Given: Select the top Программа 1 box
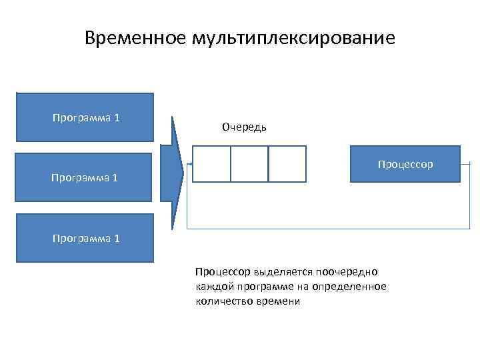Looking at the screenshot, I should [85, 117].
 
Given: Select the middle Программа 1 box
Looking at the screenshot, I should [85, 178].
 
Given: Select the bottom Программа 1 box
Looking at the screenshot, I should [85, 238].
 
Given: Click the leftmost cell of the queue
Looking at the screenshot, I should [211, 164].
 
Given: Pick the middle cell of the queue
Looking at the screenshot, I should [249, 164].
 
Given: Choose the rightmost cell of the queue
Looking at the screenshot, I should [287, 164].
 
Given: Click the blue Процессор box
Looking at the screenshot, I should [405, 163].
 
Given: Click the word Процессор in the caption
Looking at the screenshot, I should [222, 272].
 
